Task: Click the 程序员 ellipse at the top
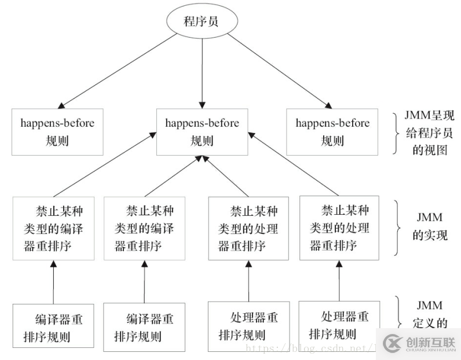pyautogui.click(x=202, y=22)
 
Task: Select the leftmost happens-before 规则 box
pyautogui.click(x=57, y=131)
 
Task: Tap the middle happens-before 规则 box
pyautogui.click(x=202, y=131)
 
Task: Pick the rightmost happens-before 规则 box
pyautogui.click(x=332, y=131)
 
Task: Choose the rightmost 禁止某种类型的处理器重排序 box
pyautogui.click(x=340, y=227)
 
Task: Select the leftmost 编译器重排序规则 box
pyautogui.click(x=53, y=327)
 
